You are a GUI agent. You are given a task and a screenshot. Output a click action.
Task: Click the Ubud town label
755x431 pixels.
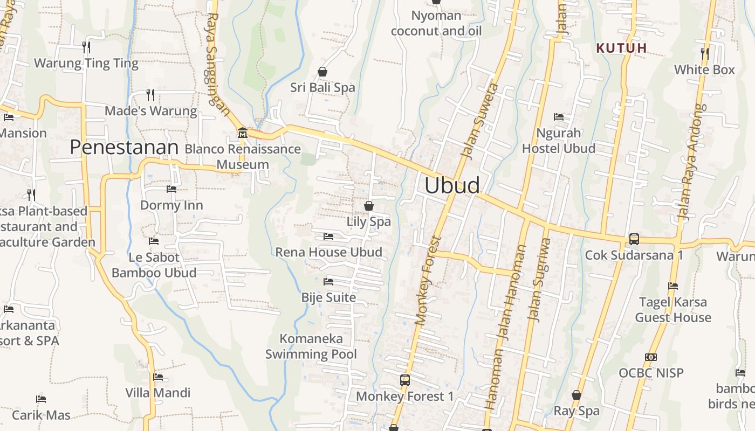(x=452, y=185)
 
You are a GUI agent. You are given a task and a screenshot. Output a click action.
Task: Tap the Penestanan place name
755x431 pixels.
(x=124, y=147)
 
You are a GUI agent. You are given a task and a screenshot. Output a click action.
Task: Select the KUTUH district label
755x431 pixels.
(x=621, y=48)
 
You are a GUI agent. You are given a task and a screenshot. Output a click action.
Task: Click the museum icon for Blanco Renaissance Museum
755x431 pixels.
(x=243, y=133)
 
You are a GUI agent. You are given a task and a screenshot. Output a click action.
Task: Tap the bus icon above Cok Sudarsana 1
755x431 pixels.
(x=634, y=239)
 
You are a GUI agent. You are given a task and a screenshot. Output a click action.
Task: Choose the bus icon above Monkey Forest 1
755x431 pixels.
(x=405, y=380)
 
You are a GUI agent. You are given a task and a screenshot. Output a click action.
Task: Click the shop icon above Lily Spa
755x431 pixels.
(x=369, y=206)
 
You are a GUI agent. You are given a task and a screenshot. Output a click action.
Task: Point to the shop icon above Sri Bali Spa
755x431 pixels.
(x=322, y=72)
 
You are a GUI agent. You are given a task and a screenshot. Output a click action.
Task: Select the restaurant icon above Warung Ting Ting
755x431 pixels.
(x=86, y=47)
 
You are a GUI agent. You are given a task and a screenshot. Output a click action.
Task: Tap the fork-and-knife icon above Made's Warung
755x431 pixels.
(x=150, y=95)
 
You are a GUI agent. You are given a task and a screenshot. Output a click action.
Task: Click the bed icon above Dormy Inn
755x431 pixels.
(x=171, y=189)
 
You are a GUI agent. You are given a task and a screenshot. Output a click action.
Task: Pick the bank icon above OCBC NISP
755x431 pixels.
(x=651, y=357)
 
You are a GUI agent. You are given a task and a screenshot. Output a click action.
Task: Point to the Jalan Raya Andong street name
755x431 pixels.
(x=691, y=162)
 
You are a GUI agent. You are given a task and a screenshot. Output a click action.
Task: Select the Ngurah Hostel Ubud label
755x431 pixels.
(x=559, y=141)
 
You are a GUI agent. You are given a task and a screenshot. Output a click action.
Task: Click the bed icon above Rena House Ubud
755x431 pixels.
(x=328, y=237)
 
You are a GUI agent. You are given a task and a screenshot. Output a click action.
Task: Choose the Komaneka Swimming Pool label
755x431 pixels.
(x=311, y=346)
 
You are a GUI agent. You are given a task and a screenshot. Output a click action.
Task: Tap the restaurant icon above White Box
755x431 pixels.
(x=705, y=54)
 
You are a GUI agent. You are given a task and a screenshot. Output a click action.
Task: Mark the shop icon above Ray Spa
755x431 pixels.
(x=576, y=395)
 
